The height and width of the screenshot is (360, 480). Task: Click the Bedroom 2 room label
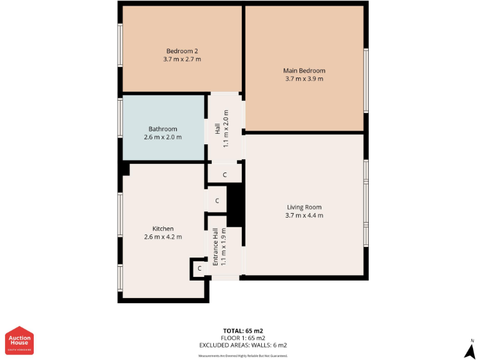point(182,51)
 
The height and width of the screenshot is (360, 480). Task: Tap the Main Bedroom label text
point(304,71)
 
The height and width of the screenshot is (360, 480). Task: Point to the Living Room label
point(304,207)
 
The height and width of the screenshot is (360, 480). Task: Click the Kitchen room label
point(162,228)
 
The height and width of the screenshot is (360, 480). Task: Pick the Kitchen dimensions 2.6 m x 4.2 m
point(162,236)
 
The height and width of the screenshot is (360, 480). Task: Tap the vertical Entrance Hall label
point(216,247)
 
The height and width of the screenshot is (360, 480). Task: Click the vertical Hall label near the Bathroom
point(217,127)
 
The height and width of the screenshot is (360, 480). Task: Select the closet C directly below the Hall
point(224,174)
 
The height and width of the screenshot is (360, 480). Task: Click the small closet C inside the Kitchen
point(199,268)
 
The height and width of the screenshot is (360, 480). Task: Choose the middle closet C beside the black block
point(217,201)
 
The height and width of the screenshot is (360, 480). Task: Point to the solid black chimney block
point(235,204)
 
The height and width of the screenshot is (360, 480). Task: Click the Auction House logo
point(19,341)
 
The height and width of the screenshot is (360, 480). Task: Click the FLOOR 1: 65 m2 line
point(243,337)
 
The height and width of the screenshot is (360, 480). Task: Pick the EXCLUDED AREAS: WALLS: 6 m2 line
point(243,345)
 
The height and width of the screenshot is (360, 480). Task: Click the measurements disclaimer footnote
point(243,356)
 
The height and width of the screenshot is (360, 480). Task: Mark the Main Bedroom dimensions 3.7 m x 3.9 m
point(304,79)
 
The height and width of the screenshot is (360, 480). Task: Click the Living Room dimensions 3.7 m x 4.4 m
point(304,215)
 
